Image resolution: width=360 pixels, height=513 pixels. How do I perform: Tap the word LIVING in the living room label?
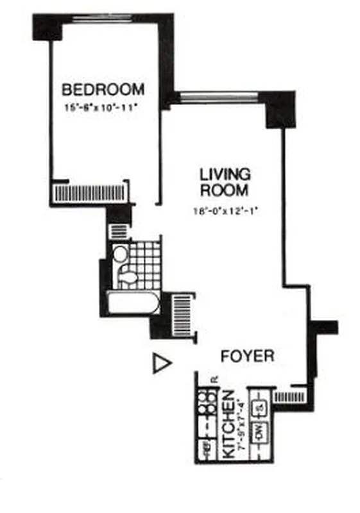tap(224, 174)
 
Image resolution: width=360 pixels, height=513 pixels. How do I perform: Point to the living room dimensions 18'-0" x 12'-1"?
tap(225, 210)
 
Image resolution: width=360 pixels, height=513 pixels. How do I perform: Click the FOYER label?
tap(248, 356)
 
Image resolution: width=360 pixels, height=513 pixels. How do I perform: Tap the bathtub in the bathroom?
tap(133, 303)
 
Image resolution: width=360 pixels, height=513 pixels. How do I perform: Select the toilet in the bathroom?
tap(128, 277)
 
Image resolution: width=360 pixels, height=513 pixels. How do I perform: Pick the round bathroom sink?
tap(120, 254)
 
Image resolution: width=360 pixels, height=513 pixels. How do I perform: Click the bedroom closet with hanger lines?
tap(90, 192)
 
